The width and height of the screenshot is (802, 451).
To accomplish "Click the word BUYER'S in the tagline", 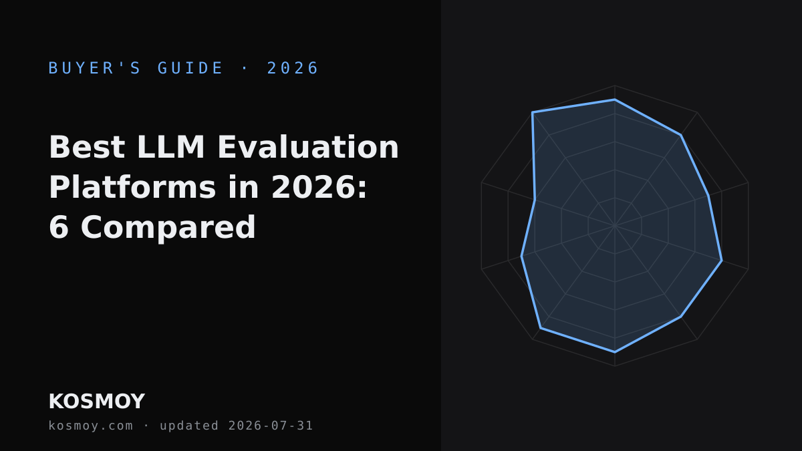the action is click(x=94, y=68).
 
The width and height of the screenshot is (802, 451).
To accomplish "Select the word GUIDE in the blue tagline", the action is click(x=190, y=68).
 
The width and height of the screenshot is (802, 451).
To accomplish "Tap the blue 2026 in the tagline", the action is click(x=293, y=68).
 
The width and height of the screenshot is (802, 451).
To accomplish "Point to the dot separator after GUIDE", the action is click(x=245, y=68).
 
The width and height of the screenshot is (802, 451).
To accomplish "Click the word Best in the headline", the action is click(x=87, y=147).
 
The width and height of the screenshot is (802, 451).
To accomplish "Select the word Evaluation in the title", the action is click(x=308, y=147).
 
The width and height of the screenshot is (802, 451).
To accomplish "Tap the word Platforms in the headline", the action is click(x=132, y=188).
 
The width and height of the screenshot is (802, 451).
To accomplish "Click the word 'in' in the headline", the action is click(x=243, y=188).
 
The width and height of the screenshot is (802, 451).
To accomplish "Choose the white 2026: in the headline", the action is click(x=319, y=188).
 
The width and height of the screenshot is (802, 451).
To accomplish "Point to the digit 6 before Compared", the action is click(x=58, y=228).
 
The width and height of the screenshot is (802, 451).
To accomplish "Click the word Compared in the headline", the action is click(x=168, y=229).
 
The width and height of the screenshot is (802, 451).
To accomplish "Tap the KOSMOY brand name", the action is click(x=97, y=402).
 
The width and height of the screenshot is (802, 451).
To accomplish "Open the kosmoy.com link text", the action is click(x=91, y=426).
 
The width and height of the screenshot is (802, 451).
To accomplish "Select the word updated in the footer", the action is click(x=189, y=426).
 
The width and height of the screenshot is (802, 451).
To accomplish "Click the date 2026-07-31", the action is click(x=271, y=426).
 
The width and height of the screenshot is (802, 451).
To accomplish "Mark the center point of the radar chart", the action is click(x=615, y=226).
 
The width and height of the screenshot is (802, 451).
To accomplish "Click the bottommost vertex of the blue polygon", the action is click(x=615, y=352).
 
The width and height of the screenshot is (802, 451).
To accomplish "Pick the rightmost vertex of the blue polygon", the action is click(x=722, y=261).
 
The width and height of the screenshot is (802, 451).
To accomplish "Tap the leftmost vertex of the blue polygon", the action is click(x=521, y=257).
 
